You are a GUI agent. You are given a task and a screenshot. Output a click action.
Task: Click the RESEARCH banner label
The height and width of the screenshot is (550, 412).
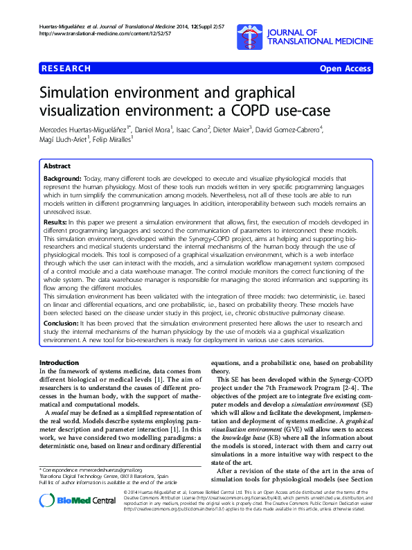point(65,69)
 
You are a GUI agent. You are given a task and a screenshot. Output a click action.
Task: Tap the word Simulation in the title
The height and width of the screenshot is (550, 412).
point(81,94)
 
